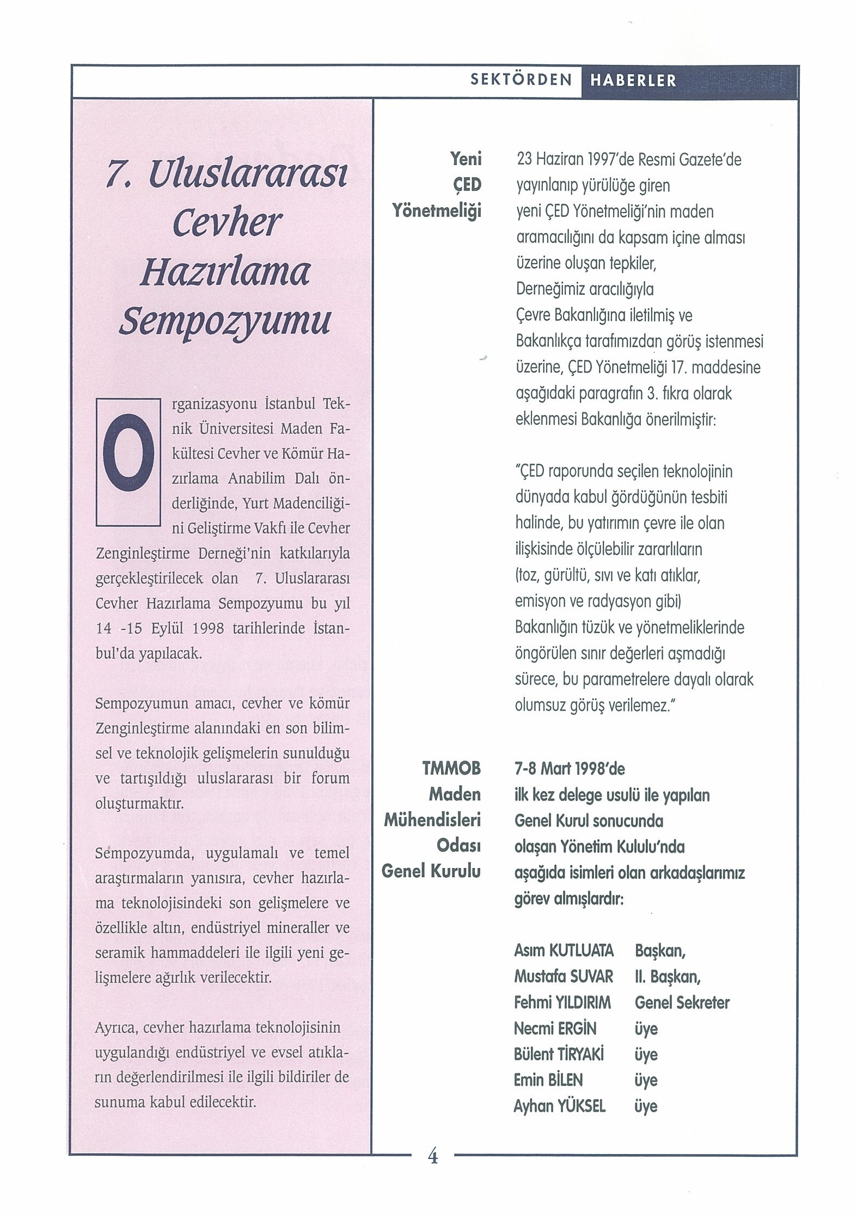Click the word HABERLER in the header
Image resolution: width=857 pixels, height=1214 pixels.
(x=633, y=81)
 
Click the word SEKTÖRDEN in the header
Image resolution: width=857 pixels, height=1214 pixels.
(x=521, y=81)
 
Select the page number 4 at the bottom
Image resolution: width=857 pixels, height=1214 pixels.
(x=433, y=1171)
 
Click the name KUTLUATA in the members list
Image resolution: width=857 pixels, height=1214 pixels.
(x=581, y=951)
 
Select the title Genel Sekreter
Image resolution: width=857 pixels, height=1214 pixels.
(x=682, y=1003)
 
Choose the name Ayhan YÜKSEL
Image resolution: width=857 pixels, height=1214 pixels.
(x=560, y=1106)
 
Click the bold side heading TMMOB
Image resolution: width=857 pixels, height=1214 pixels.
(x=451, y=768)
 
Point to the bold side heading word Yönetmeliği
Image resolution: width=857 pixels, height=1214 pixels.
(x=437, y=211)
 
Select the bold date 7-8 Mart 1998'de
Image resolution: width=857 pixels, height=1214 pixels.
(x=570, y=769)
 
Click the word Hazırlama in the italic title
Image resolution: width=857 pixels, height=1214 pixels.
(x=225, y=272)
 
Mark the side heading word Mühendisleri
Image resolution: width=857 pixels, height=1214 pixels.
(x=432, y=820)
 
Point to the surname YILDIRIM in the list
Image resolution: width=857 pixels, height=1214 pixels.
(x=585, y=1003)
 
